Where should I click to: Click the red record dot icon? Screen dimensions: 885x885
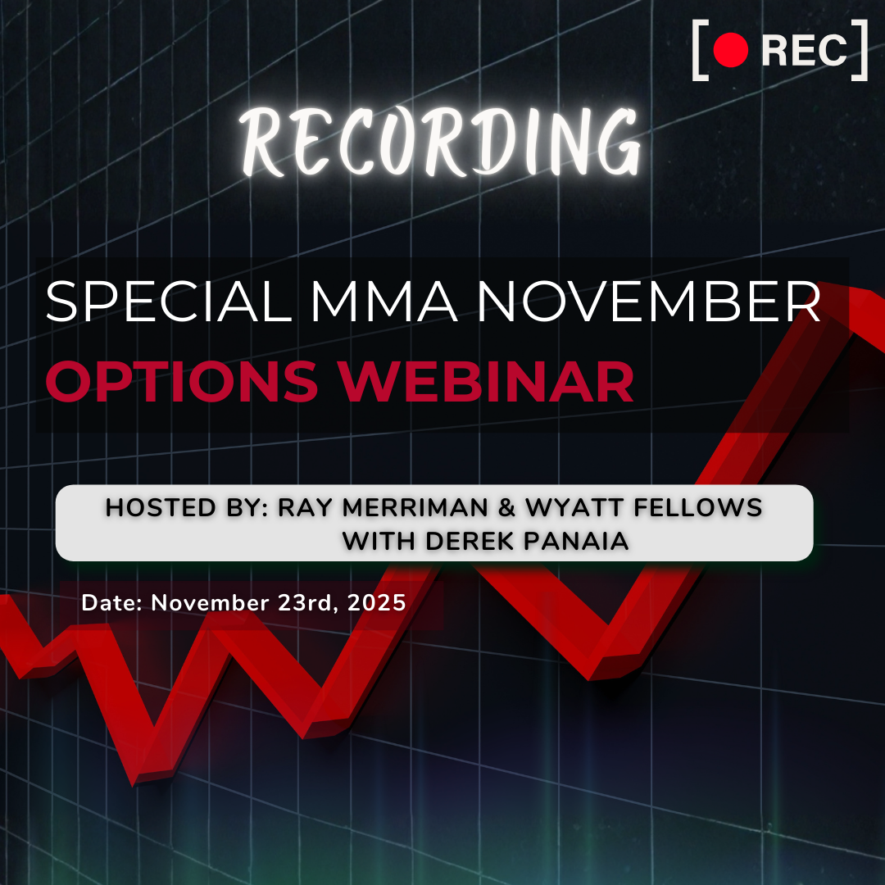tap(731, 52)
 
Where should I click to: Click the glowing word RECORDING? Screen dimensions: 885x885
tap(442, 144)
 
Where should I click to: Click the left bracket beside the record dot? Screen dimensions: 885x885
tap(700, 52)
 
